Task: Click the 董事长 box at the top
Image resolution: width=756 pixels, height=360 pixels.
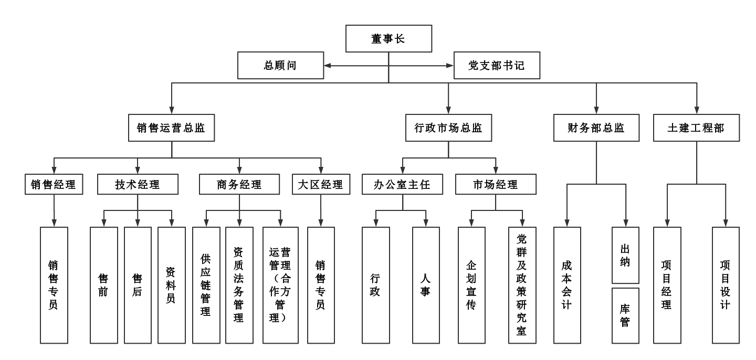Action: coord(388,38)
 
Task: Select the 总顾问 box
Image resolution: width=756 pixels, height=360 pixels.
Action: coord(280,66)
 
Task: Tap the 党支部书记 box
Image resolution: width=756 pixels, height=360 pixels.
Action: coord(497,66)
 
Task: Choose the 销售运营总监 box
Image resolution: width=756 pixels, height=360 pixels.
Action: coord(172,128)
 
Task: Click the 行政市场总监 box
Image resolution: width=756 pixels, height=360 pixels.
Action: coord(448,128)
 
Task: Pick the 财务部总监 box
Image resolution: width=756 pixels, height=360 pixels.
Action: coord(596,128)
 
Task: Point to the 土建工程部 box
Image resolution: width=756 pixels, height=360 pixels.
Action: coord(696,128)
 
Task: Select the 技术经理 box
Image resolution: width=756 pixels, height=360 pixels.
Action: coord(138,184)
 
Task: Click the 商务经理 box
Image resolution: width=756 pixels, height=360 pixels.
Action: coord(239,184)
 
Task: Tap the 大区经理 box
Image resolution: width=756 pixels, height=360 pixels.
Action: coord(321,184)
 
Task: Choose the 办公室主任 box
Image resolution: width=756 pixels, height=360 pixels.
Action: coord(402,184)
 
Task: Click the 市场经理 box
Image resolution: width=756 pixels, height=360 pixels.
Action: coord(496,184)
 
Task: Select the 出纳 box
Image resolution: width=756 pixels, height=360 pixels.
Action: coord(625,256)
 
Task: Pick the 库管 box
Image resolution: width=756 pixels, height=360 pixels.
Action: coord(625,316)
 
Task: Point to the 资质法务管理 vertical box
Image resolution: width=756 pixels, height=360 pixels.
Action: coord(239,285)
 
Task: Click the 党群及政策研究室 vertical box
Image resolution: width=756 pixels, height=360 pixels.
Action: coord(522,285)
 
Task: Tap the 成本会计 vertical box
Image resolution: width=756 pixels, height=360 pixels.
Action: coord(567,285)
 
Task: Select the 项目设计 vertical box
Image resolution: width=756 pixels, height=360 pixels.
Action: coord(726,285)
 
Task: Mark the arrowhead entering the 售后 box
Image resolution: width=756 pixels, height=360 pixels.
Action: coord(138,223)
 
